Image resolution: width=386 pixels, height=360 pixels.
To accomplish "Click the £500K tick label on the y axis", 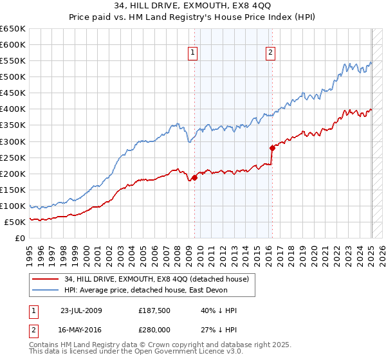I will pos(13,77).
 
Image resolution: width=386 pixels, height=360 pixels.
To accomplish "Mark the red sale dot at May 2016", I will pos(272,148).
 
